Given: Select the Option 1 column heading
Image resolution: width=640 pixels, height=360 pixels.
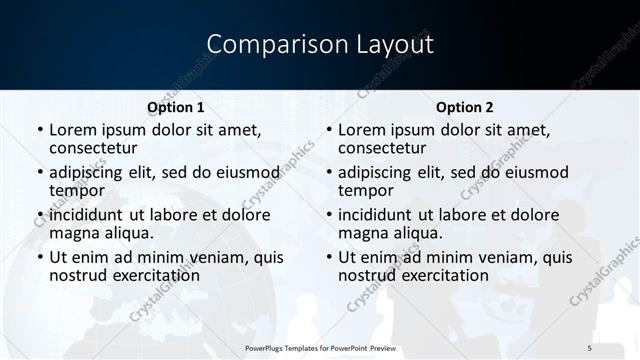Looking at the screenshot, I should [176, 107].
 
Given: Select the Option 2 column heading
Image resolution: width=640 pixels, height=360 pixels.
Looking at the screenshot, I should [464, 107].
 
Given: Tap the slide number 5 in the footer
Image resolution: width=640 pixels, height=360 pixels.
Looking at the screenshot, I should [589, 346].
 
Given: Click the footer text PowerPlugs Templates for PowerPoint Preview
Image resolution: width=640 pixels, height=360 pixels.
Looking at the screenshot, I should [320, 346].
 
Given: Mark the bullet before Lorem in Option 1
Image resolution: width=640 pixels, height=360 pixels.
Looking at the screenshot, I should [39, 130].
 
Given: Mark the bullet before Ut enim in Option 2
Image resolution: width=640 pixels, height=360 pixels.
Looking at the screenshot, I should [328, 257].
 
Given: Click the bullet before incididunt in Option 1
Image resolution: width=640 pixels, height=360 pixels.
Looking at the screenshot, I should [39, 215].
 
